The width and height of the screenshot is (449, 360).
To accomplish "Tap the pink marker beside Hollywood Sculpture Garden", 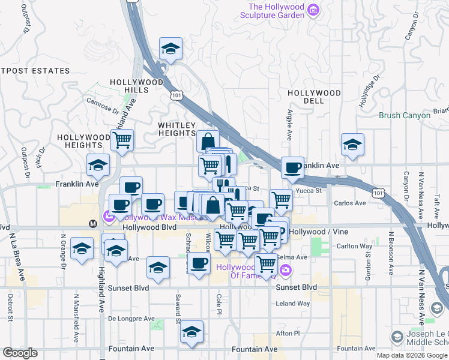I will pos(313,10).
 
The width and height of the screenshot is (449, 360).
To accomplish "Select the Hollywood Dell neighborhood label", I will pos(314,97).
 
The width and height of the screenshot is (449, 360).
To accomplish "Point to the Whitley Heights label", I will pos(177,129).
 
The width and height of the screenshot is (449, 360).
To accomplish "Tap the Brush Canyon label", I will pos(404,115).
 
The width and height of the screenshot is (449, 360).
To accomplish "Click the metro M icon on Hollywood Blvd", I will pos(93,223).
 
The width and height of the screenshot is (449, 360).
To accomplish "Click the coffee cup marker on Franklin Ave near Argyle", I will pos(292,168).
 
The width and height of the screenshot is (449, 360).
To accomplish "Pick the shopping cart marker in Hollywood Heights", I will pos(122,140).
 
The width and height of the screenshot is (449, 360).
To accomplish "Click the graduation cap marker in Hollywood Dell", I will pos(352,144).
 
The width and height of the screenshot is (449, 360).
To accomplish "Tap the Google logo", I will pos(20,353).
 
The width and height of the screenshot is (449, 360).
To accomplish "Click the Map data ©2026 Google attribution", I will pos(412,355).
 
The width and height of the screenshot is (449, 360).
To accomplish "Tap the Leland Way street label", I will pos(292,304).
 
